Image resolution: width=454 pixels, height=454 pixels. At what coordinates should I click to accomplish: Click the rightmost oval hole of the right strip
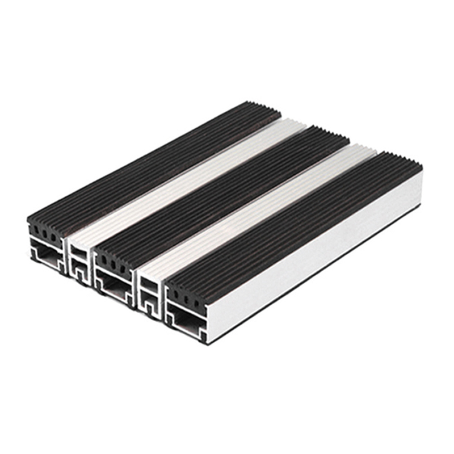(x=196, y=301)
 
